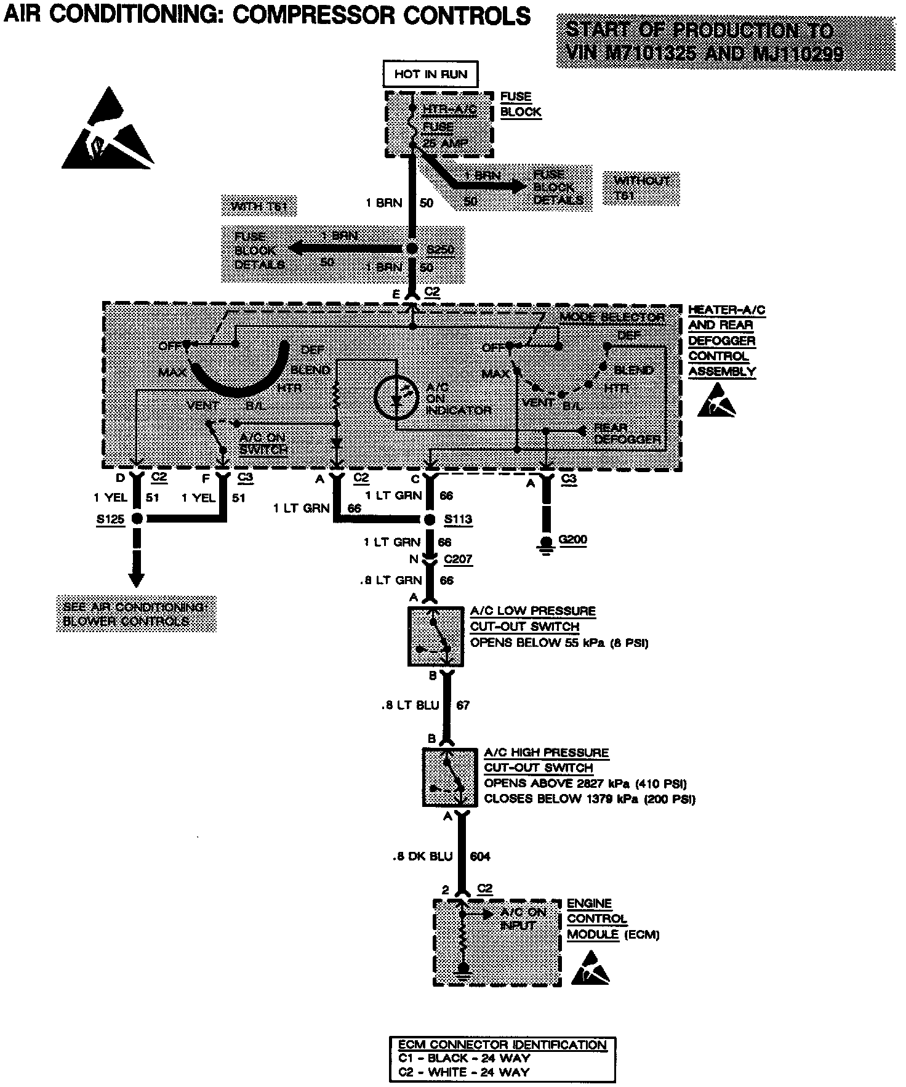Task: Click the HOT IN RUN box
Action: pos(431,74)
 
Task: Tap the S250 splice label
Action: pos(440,250)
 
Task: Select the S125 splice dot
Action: pos(137,519)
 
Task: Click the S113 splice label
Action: pos(458,519)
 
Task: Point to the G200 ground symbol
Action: pos(545,542)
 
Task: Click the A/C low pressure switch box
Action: pos(436,636)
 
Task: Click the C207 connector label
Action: pos(458,560)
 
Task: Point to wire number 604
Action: pos(480,856)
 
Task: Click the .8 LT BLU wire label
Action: pos(410,705)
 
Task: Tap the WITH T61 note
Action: pos(259,206)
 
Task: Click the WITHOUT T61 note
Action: pos(641,187)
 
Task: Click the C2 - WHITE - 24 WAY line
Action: pos(463,1072)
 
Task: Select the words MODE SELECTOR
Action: pos(612,318)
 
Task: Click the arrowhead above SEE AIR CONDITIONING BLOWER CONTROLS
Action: pos(137,579)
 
